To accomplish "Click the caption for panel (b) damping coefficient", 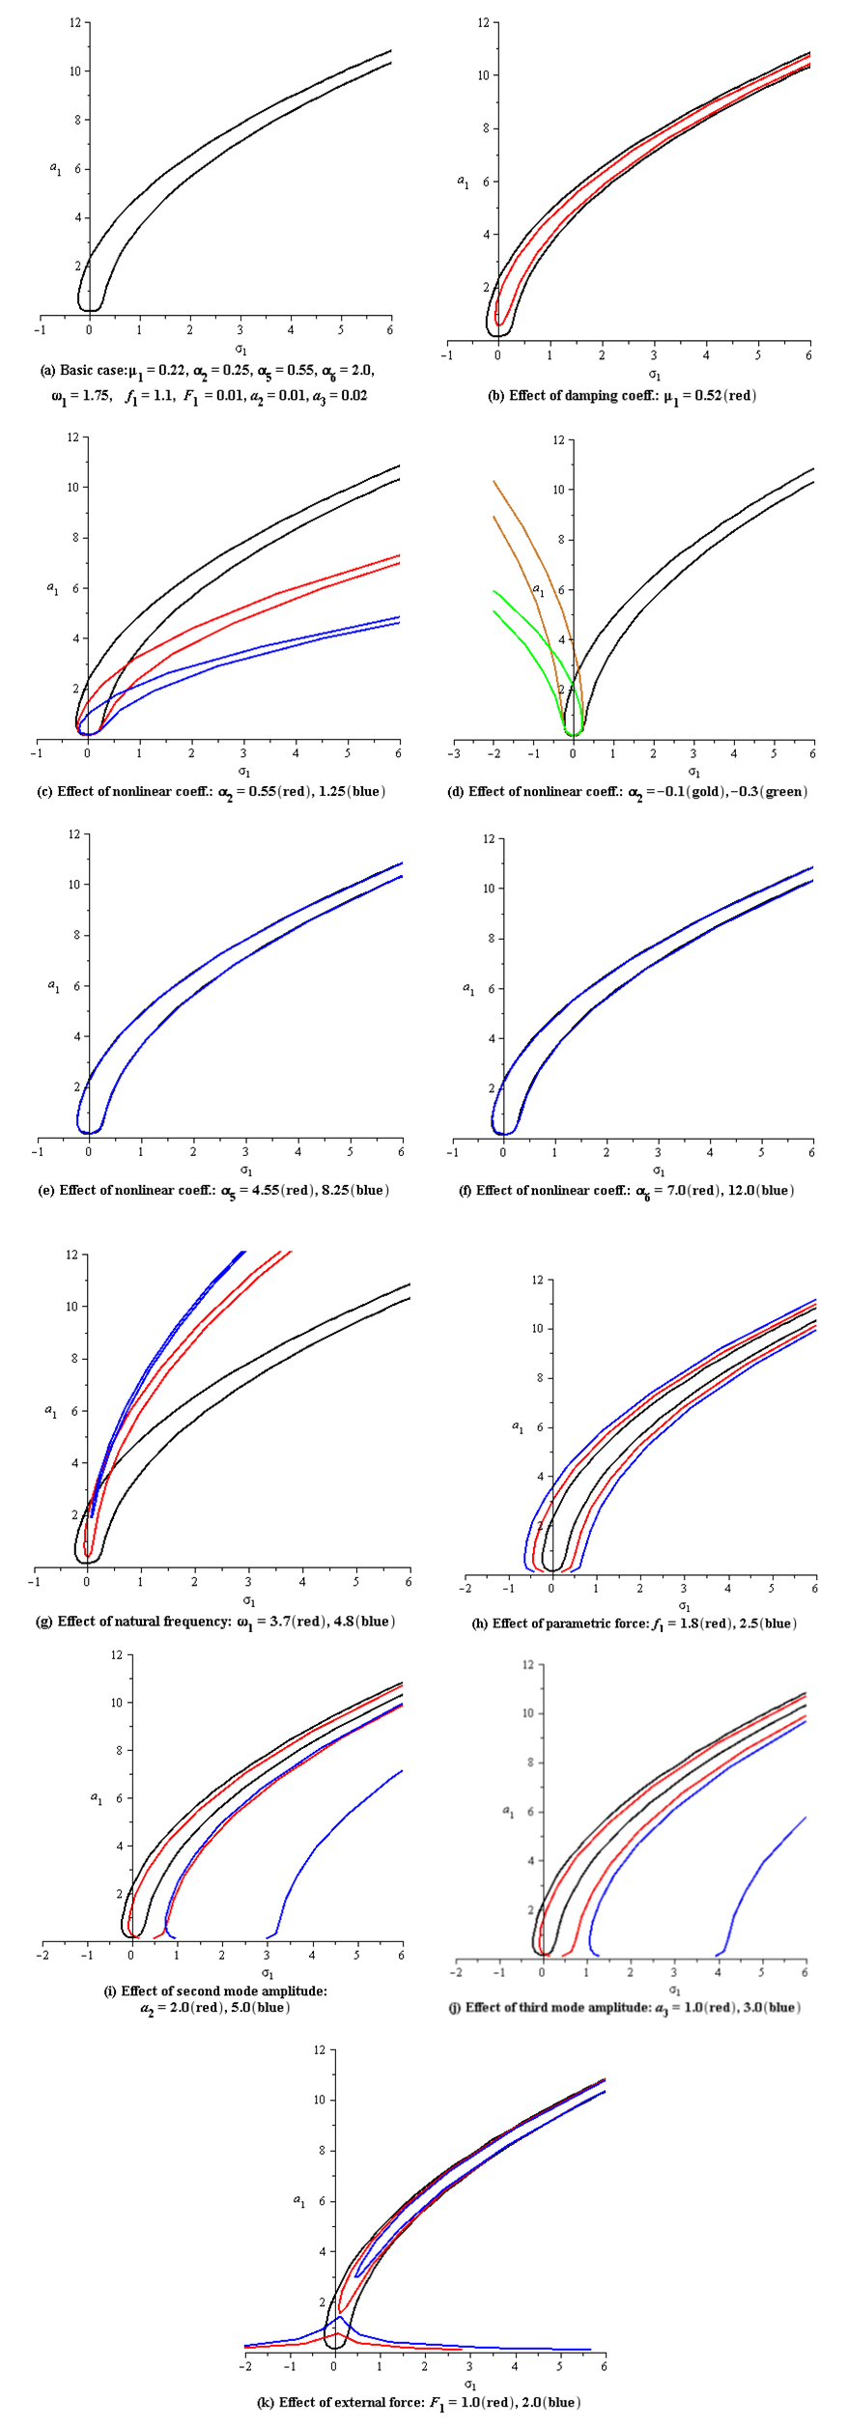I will point(622,395).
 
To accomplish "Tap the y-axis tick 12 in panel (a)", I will point(74,22).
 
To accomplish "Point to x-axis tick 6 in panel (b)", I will point(808,354).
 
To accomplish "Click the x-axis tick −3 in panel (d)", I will point(454,753).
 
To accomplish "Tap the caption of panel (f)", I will point(626,1190).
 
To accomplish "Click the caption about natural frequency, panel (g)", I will point(215,1621).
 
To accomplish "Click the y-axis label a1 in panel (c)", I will point(53,588).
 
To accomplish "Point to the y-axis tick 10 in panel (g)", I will point(71,1306).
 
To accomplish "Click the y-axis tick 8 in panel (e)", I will point(73,935).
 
